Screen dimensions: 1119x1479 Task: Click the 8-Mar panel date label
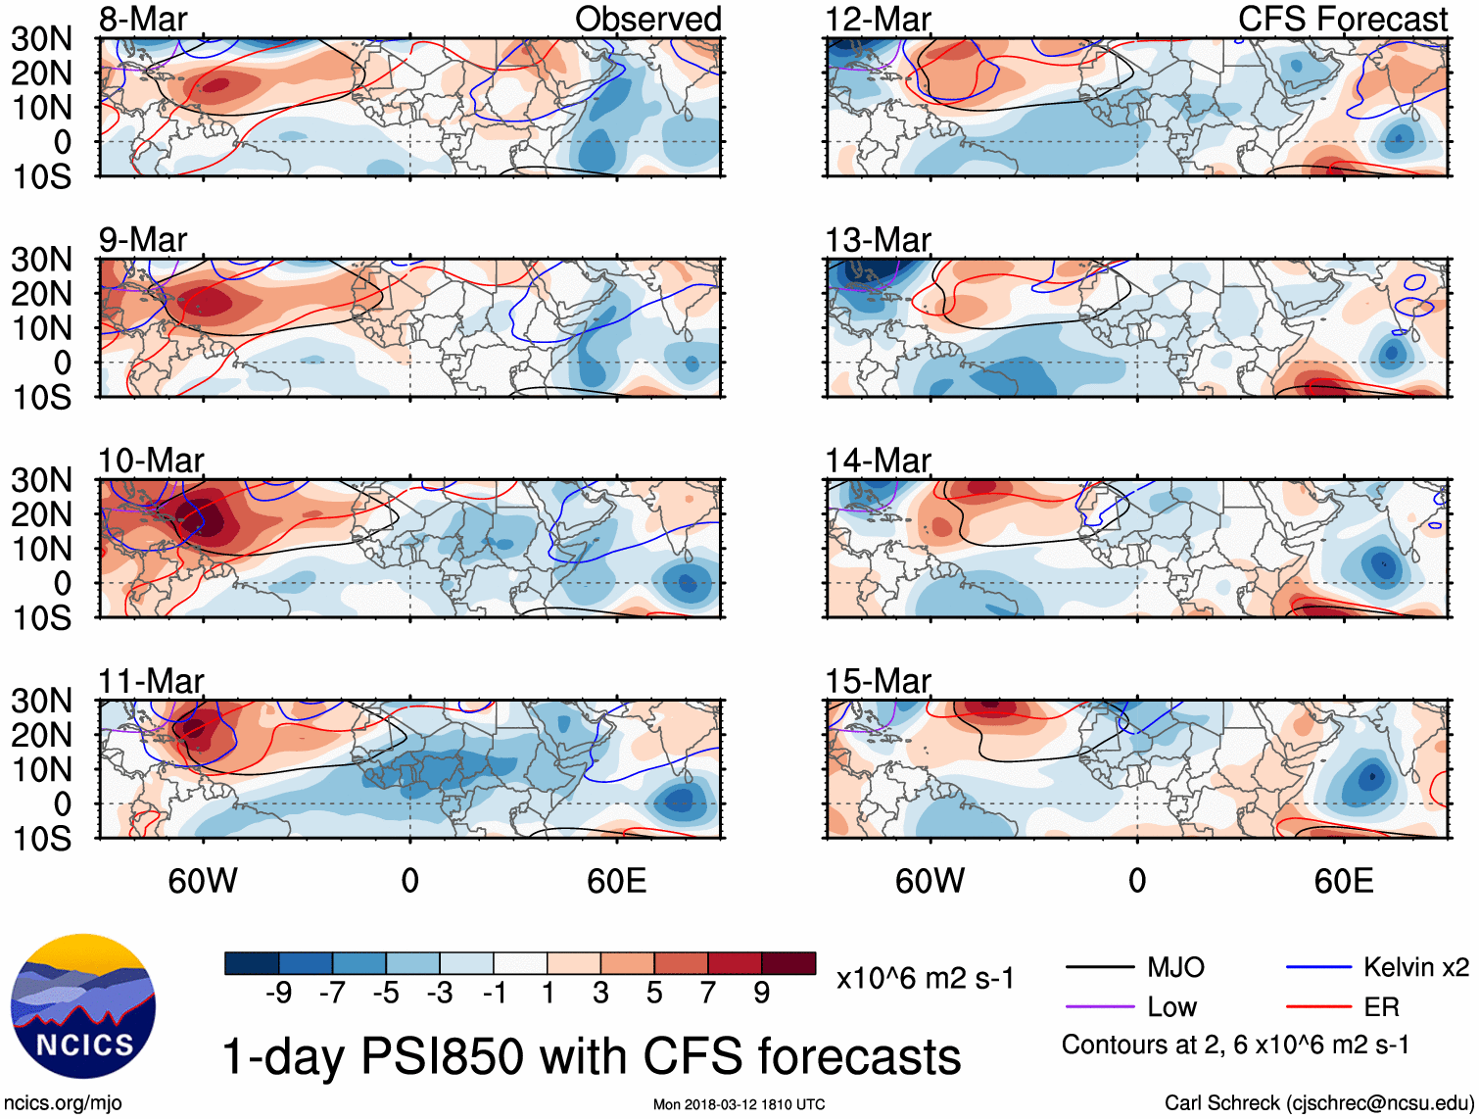143,19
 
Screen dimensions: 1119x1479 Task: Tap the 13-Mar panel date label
878,239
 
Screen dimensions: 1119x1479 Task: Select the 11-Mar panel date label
151,680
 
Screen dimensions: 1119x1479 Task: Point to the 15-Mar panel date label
878,680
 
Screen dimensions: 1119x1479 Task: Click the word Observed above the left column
647,19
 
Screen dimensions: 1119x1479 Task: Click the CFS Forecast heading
1343,19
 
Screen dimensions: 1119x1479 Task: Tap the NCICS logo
83,1006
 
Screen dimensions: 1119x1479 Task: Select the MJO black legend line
1100,968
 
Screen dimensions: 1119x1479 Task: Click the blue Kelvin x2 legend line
1318,968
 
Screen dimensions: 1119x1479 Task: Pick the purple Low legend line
1100,1007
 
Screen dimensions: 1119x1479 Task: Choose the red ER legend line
1318,1007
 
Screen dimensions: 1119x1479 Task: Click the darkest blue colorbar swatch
252,963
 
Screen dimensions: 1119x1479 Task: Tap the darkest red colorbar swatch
788,963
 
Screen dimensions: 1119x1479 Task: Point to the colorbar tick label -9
279,994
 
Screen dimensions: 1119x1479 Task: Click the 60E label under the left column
616,881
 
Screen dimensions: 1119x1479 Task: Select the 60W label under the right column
930,881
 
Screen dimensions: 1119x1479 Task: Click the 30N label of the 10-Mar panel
41,480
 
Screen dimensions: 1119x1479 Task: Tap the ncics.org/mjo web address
63,1103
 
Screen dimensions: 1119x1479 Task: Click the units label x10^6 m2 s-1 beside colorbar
926,978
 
